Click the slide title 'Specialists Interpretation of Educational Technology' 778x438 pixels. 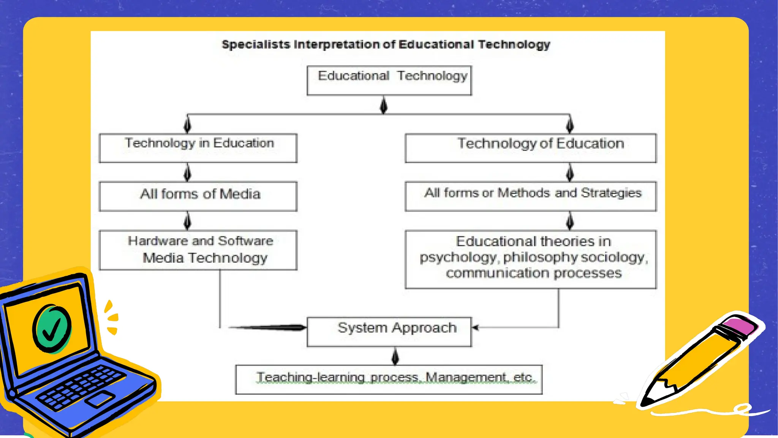click(386, 44)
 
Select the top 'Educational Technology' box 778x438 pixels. click(389, 80)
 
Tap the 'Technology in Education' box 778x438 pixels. click(198, 148)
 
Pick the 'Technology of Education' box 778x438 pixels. click(531, 148)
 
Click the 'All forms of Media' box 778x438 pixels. click(198, 196)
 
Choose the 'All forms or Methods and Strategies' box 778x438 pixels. click(531, 196)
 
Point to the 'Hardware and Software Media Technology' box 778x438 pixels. click(198, 250)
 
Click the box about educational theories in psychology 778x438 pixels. click(531, 259)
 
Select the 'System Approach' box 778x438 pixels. click(389, 332)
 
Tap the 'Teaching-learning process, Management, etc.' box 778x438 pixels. click(389, 379)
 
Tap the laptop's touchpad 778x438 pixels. click(100, 399)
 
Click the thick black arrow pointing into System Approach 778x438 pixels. click(270, 327)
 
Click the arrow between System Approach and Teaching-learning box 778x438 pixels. click(395, 356)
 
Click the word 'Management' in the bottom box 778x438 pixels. click(466, 377)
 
